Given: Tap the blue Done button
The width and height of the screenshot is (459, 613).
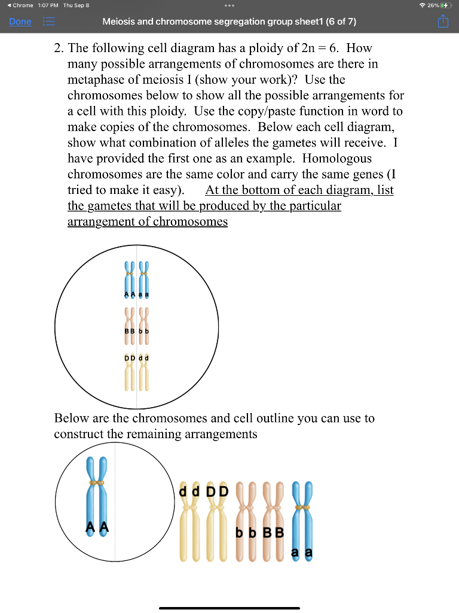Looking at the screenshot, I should [x=20, y=22].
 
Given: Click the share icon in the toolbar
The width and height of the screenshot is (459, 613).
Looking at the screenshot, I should [x=442, y=22].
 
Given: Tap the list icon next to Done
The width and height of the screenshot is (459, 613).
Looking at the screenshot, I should [x=48, y=22].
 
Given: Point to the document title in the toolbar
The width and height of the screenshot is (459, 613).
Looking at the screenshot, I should [x=229, y=22].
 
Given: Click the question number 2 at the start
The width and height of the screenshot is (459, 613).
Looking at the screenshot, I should [x=58, y=48].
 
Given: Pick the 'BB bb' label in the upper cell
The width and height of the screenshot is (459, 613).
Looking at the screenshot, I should [x=136, y=330].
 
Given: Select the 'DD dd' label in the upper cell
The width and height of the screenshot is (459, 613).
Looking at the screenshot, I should [x=136, y=358].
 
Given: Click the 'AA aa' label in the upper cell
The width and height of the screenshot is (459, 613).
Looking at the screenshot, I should [x=136, y=295].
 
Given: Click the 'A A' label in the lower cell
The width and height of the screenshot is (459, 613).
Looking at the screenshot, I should [x=96, y=527].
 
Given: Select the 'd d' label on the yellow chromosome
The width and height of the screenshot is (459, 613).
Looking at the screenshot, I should [x=191, y=491].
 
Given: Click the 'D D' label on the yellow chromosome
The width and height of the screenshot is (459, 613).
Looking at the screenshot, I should [x=217, y=491].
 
